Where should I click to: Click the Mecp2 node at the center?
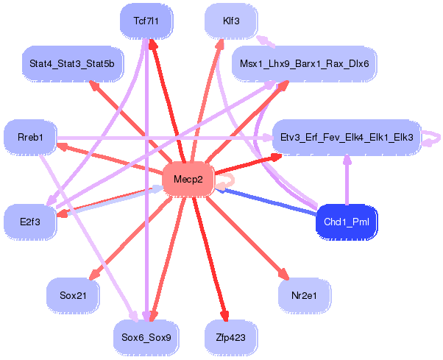point(188,179)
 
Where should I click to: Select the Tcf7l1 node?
point(146,21)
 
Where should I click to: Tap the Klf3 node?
point(231,21)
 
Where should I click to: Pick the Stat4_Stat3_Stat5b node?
point(72,63)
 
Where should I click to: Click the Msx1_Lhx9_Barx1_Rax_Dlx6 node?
point(304,63)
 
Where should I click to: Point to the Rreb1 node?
point(30,138)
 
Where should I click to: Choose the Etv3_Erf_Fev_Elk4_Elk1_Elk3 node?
point(347,138)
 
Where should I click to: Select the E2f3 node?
point(30,222)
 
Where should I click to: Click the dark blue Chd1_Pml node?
point(347,222)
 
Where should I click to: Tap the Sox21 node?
point(73,295)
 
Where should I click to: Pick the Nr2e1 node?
point(304,295)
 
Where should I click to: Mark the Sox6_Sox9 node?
point(146,338)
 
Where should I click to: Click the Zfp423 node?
point(231,338)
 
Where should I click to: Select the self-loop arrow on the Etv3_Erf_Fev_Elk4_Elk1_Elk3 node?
point(439,138)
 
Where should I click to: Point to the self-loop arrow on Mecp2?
point(233,180)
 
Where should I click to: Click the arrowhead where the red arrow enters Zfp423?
point(225,316)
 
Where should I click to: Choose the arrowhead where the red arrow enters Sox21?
point(93,275)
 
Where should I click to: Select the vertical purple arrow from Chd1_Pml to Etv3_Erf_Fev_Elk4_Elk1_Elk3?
point(347,180)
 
